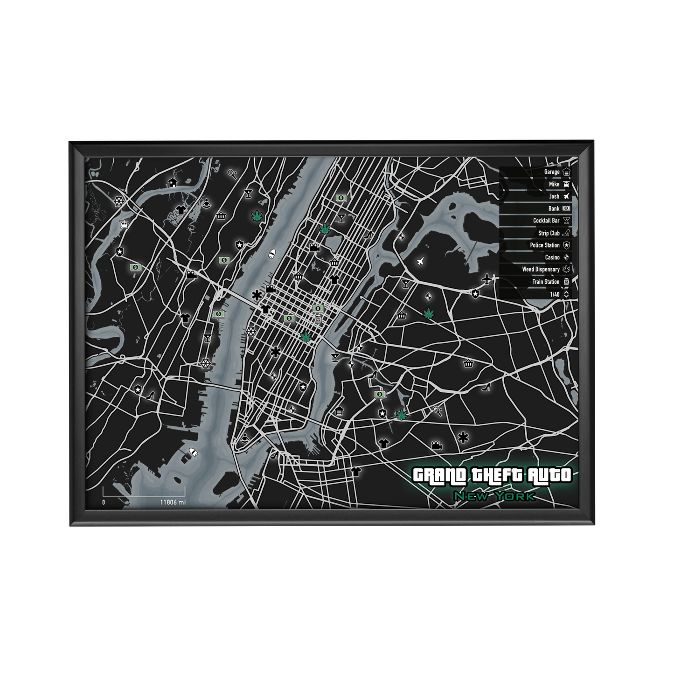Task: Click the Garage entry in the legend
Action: click(x=552, y=172)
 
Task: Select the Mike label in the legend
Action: click(x=554, y=184)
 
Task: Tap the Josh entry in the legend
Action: click(x=554, y=196)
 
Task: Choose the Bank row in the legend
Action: click(x=554, y=208)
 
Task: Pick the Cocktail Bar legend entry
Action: click(x=546, y=221)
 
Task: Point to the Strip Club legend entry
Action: click(x=549, y=233)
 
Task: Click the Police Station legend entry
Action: click(x=544, y=245)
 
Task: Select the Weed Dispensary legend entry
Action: click(x=541, y=270)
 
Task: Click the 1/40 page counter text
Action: click(x=555, y=294)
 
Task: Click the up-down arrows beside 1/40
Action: click(x=566, y=294)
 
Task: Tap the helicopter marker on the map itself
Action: click(x=124, y=224)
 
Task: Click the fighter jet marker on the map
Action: click(x=421, y=261)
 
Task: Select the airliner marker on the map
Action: click(x=487, y=279)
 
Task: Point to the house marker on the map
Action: click(x=173, y=182)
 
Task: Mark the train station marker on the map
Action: click(x=318, y=319)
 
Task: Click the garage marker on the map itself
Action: click(x=339, y=411)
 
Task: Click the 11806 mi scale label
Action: click(x=173, y=502)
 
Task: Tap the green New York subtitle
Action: click(x=494, y=496)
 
